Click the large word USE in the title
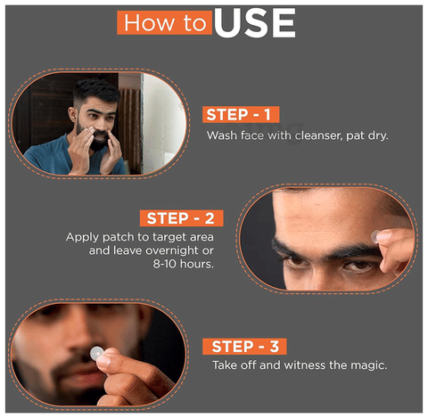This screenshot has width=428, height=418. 255,23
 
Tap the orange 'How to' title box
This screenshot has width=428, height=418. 164,22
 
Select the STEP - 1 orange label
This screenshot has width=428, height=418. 241,114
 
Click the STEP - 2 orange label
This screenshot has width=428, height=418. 181,218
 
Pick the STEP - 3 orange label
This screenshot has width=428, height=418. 244,346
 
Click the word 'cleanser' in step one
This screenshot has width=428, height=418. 318,135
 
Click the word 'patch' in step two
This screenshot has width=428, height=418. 118,237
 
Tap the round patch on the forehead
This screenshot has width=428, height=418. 375,236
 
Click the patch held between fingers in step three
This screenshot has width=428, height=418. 96,353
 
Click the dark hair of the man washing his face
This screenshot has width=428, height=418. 96,88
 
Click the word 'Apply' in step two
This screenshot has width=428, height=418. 82,237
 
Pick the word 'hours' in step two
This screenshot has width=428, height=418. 196,264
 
